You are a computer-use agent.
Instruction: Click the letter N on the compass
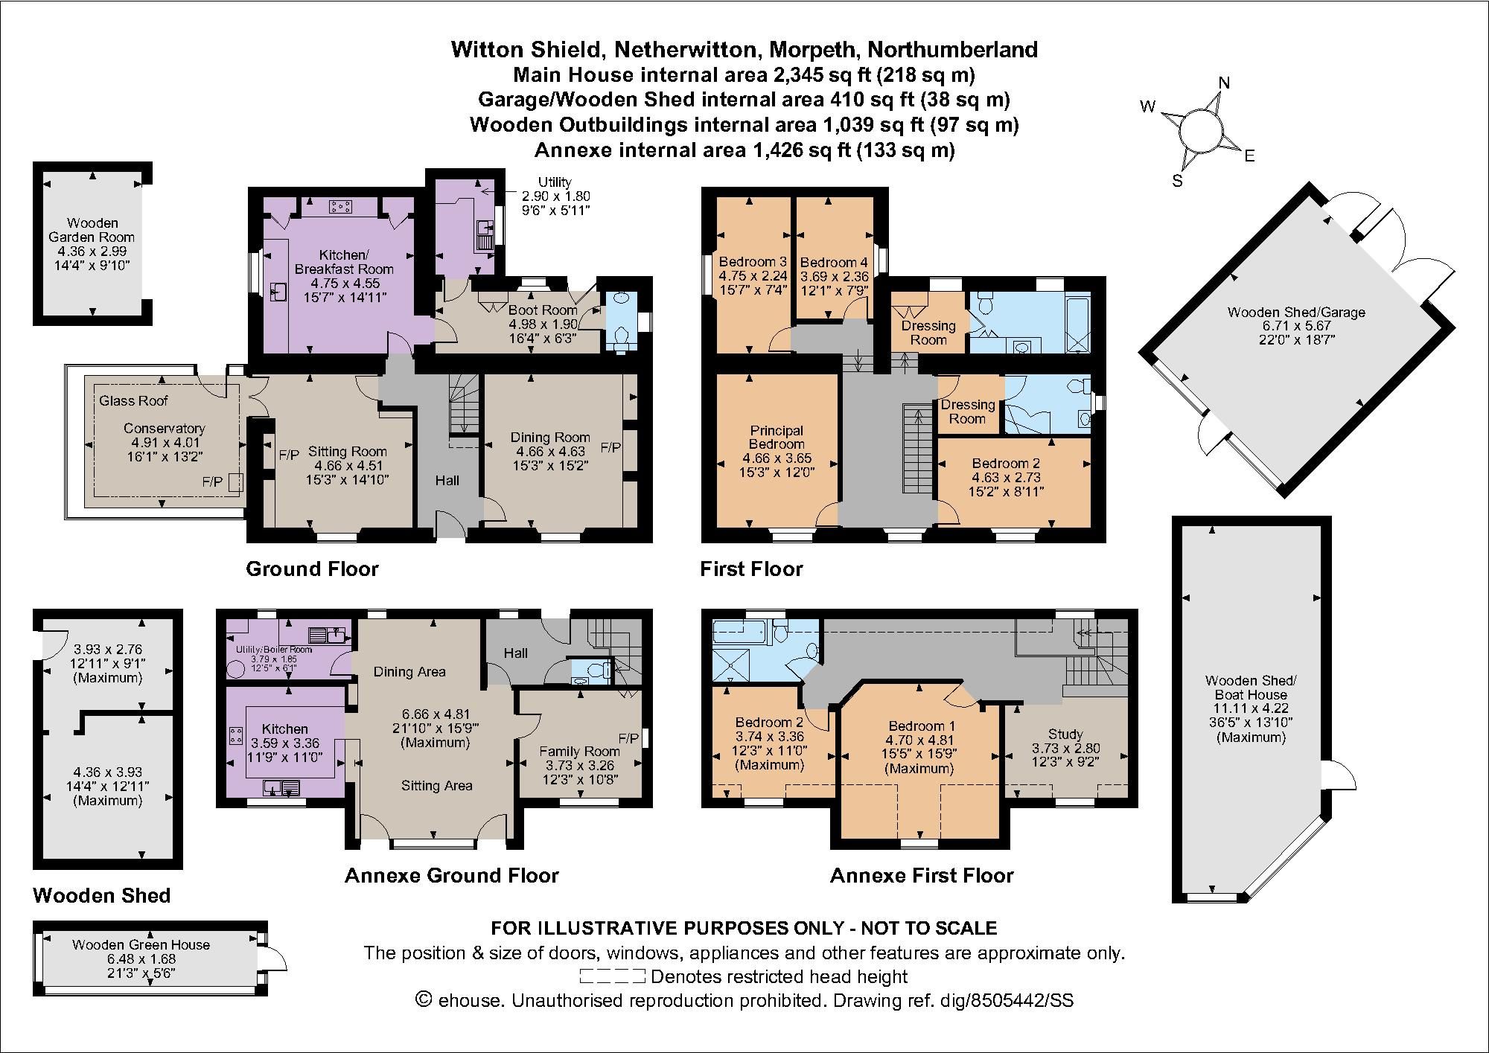[1224, 83]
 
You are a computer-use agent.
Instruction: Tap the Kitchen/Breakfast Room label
[344, 262]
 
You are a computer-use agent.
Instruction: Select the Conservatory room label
[164, 429]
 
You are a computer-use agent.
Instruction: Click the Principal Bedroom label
[777, 437]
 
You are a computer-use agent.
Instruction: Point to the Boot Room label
[543, 310]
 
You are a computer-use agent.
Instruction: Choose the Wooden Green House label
[141, 944]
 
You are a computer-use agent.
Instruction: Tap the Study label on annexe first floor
[1065, 734]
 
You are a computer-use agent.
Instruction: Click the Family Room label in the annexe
[579, 752]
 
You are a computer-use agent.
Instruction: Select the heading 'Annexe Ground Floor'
[451, 875]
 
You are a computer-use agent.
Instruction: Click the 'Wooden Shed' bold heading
[102, 895]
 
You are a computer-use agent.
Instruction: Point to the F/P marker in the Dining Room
[610, 448]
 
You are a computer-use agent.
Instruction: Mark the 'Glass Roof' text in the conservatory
[133, 401]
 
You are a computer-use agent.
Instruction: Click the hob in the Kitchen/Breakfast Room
[342, 206]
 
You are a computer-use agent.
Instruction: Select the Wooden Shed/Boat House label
[1251, 687]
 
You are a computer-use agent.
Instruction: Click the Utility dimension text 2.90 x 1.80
[555, 196]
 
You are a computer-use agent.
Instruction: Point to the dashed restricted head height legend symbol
[612, 976]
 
